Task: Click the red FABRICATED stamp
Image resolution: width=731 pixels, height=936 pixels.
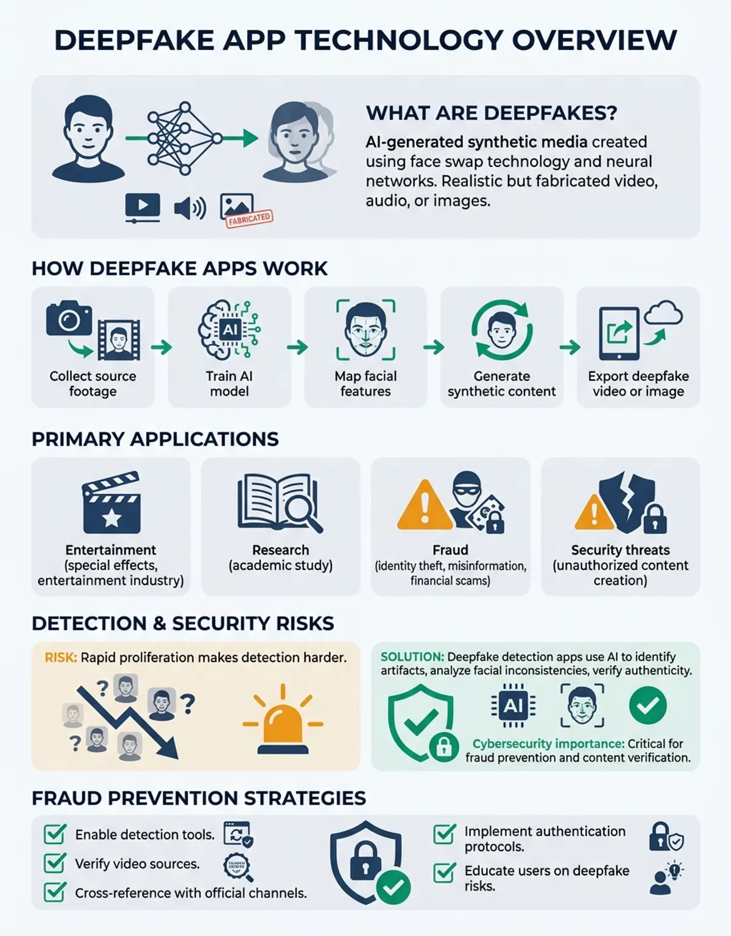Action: pyautogui.click(x=249, y=219)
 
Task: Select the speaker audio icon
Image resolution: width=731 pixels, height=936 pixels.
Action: pyautogui.click(x=190, y=208)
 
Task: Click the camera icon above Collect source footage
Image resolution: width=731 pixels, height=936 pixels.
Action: pyautogui.click(x=69, y=318)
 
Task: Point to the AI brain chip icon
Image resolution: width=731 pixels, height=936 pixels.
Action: pyautogui.click(x=229, y=329)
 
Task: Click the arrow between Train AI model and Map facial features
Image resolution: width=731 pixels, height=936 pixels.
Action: pyautogui.click(x=297, y=347)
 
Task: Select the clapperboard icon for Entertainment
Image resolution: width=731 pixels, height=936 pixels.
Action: pyautogui.click(x=111, y=502)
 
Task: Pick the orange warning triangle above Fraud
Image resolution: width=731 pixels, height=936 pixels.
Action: pyautogui.click(x=425, y=505)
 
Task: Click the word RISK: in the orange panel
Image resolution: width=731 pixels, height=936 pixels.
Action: pyautogui.click(x=61, y=658)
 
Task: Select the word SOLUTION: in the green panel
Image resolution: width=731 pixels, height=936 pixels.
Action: pyautogui.click(x=412, y=657)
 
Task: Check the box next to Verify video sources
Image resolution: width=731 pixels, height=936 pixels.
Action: pyautogui.click(x=55, y=863)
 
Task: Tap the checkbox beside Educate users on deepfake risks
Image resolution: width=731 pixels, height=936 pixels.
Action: pyautogui.click(x=445, y=873)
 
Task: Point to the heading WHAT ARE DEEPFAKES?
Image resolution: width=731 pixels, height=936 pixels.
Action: pyautogui.click(x=492, y=113)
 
